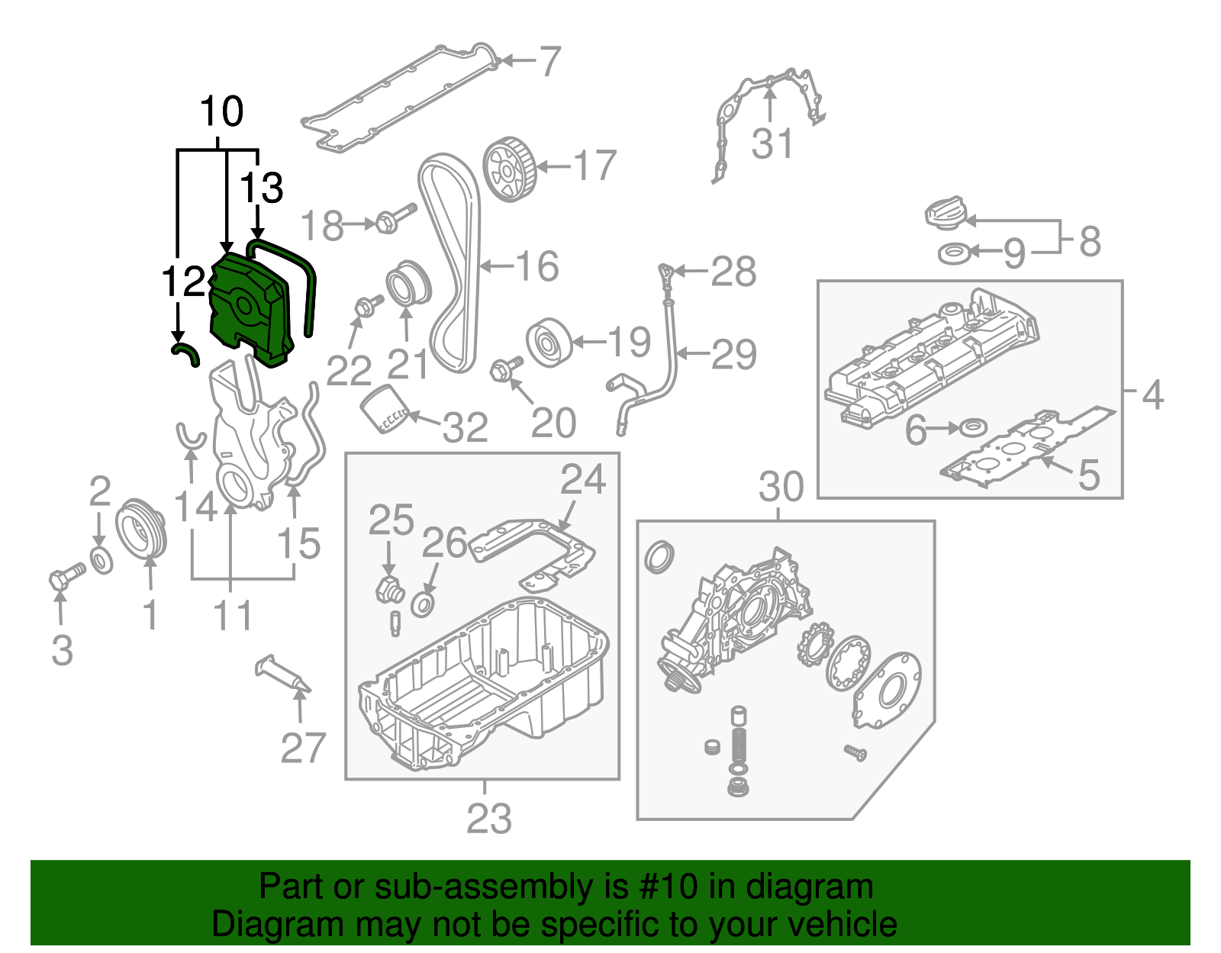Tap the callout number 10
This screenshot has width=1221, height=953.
pos(221,111)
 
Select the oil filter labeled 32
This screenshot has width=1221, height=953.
pos(385,410)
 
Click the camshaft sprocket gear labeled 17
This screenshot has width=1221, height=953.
pos(509,169)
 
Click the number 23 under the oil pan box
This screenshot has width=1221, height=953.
pos(488,819)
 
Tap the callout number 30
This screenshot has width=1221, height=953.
pos(781,487)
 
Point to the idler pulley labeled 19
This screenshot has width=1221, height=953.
pos(549,343)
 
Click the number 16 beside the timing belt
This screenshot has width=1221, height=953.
pos(537,266)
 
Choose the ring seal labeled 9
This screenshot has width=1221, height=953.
pos(955,253)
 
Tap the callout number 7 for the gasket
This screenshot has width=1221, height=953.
pos(549,61)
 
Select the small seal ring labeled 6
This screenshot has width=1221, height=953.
pos(972,427)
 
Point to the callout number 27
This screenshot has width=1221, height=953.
pos(303,749)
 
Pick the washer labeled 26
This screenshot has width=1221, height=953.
pos(424,604)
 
